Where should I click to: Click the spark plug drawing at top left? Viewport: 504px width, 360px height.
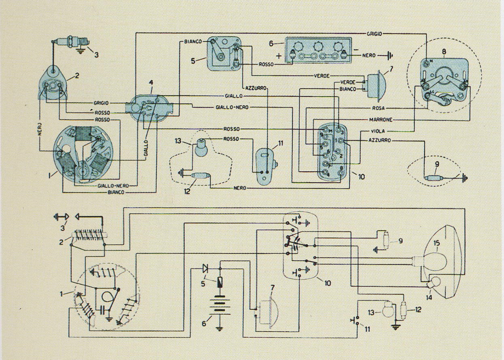(x=71, y=42)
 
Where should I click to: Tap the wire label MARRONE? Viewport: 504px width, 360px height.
(x=381, y=120)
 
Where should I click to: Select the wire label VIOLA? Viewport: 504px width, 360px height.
(x=378, y=131)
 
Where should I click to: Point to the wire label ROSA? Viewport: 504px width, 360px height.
(x=379, y=108)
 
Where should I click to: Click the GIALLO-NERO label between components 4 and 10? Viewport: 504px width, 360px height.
(x=232, y=107)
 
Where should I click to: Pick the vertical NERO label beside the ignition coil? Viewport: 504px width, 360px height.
(x=40, y=129)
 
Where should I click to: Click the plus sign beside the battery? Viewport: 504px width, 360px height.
(x=279, y=56)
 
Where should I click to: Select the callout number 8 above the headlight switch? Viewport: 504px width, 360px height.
(x=444, y=51)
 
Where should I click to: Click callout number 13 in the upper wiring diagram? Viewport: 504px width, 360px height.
(x=178, y=141)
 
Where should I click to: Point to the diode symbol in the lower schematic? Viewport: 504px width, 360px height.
(x=205, y=268)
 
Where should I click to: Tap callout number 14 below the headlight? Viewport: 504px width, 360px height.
(x=429, y=297)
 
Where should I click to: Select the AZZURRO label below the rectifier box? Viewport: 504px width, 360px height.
(x=255, y=88)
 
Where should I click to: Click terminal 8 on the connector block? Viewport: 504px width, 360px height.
(x=341, y=173)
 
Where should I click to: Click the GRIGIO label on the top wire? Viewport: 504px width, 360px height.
(x=374, y=34)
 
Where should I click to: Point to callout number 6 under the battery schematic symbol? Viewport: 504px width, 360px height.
(x=204, y=324)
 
